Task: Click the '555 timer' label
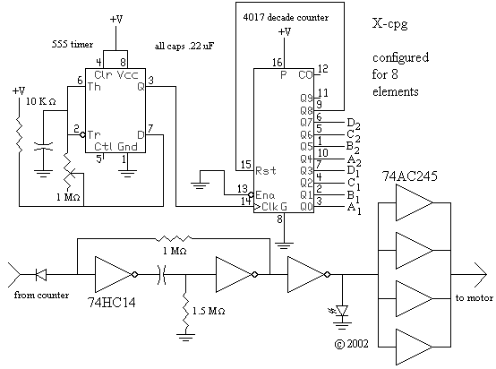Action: [73, 44]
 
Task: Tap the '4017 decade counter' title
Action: [286, 17]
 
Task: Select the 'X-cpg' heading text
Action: [389, 24]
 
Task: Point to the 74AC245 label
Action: [410, 176]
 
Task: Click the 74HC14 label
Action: [112, 303]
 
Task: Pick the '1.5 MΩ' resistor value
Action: [209, 311]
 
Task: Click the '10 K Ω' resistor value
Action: [41, 101]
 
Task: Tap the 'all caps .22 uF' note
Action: [184, 47]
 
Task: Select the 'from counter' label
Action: [41, 296]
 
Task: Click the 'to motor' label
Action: [475, 297]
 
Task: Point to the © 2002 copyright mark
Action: [352, 344]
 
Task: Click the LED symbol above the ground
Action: [342, 311]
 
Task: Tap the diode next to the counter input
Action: [41, 274]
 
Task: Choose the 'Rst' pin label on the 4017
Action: [266, 170]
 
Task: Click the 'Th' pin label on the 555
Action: [94, 86]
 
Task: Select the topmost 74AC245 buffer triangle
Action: [414, 202]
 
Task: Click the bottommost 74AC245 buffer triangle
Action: [414, 348]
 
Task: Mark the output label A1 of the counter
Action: [354, 209]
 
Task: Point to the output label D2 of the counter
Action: [354, 124]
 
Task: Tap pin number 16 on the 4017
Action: [278, 63]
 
